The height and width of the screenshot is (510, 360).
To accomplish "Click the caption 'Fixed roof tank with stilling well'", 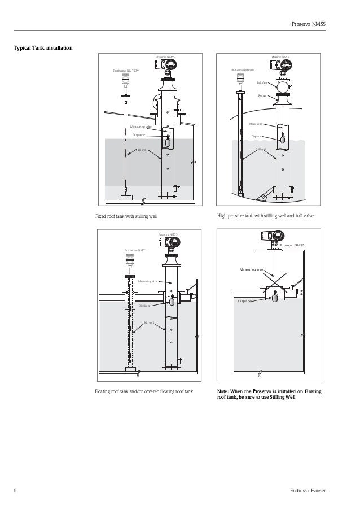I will [126, 216].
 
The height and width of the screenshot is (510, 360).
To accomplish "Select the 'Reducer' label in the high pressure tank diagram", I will [262, 96].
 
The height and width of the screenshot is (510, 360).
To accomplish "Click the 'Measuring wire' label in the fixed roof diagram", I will [141, 127].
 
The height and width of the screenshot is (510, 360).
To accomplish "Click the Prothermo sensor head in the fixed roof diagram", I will [124, 82].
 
